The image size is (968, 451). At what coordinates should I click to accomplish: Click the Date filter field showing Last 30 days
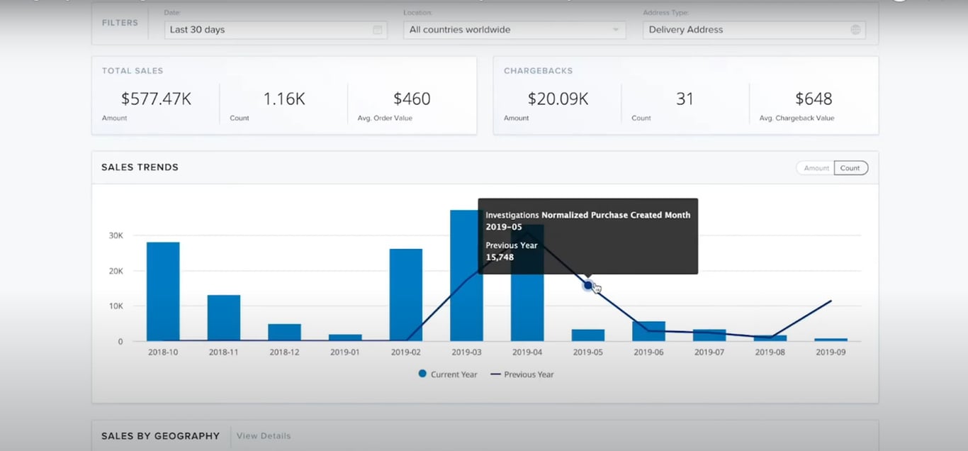point(275,30)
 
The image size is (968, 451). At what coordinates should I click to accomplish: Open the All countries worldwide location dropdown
point(514,30)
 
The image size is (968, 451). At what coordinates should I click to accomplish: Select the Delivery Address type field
point(753,30)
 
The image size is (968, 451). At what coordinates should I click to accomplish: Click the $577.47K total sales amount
point(156,99)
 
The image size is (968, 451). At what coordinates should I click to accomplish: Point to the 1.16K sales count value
point(283,99)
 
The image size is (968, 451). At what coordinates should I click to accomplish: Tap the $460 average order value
point(412,99)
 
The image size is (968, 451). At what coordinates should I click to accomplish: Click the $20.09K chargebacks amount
point(558,99)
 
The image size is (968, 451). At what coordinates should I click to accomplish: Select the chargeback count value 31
point(685,99)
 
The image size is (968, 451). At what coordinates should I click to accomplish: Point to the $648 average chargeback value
point(813,99)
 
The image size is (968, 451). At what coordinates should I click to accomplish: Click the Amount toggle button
point(816,168)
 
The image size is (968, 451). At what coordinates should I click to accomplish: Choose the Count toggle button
point(850,168)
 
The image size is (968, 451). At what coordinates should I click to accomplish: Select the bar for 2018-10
point(163,291)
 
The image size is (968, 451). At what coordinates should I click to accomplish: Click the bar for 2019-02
point(405,295)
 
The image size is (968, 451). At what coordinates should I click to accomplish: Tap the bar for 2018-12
point(284,333)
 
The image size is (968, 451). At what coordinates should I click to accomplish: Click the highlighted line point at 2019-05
point(587,285)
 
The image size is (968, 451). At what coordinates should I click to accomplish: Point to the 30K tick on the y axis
point(115,235)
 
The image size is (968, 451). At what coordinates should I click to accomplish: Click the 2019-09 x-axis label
point(831,352)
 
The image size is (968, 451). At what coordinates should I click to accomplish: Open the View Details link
point(264,436)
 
